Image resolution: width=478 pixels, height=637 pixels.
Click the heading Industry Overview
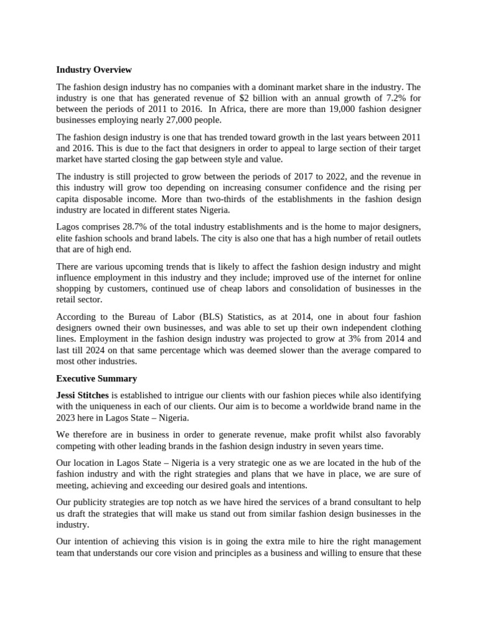pos(94,70)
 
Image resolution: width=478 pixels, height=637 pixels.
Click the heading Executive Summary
pos(96,378)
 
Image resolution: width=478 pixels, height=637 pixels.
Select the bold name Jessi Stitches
pos(83,396)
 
